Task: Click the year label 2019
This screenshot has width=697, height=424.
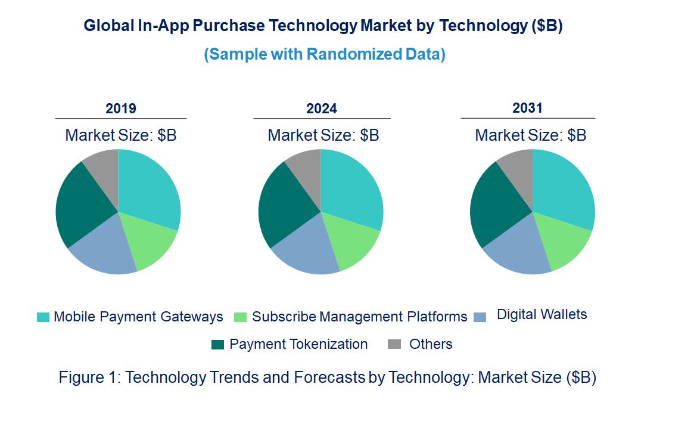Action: [x=121, y=109]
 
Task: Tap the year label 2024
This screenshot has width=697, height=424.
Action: [x=322, y=109]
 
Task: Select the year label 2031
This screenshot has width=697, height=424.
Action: [x=528, y=108]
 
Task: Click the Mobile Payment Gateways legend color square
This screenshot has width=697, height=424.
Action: [x=43, y=317]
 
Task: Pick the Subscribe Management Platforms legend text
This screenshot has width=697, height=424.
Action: [x=359, y=317]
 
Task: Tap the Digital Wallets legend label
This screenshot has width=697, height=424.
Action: [x=542, y=314]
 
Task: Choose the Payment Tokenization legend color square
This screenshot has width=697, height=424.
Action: [x=218, y=345]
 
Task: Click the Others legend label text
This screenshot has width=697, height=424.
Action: [x=431, y=344]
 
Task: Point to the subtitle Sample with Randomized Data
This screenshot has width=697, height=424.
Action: [x=325, y=54]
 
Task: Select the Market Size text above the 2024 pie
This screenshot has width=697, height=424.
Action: [x=323, y=135]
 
